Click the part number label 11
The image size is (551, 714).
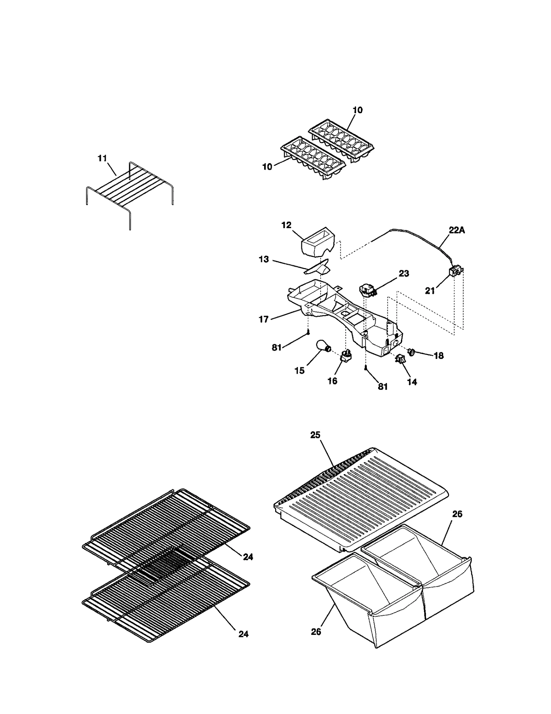[x=102, y=159]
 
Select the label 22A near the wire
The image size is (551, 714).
[x=457, y=230]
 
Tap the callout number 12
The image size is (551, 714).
[x=286, y=225]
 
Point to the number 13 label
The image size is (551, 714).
[x=264, y=259]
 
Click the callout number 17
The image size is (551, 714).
[x=263, y=320]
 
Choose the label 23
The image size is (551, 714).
[x=404, y=274]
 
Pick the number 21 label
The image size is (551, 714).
[x=430, y=291]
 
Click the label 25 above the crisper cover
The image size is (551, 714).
[x=315, y=435]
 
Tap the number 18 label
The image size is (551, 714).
[x=438, y=356]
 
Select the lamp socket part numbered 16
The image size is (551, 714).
[x=346, y=355]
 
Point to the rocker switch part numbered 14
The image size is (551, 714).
[x=400, y=360]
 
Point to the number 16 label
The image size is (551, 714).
[x=332, y=381]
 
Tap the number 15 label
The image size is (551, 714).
[x=300, y=371]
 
